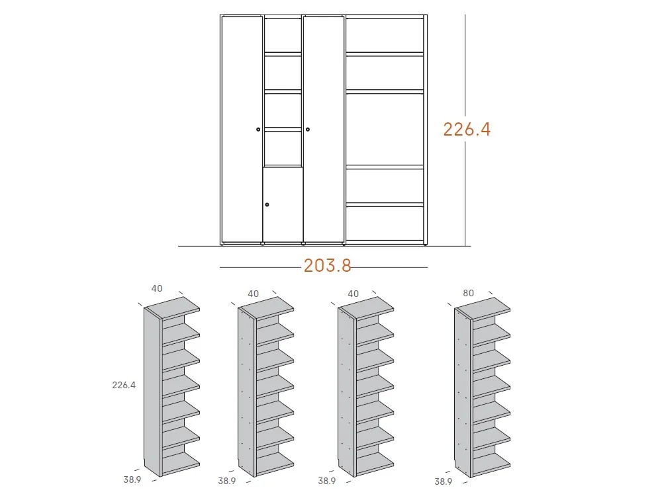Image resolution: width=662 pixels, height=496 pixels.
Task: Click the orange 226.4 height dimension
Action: click(x=467, y=129)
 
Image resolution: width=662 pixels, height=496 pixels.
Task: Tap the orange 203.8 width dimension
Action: click(x=327, y=266)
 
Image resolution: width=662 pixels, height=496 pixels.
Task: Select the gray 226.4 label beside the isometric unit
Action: click(x=124, y=384)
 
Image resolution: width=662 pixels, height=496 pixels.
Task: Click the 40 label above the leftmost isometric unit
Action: click(x=157, y=288)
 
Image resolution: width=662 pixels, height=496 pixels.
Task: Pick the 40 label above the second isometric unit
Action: click(x=253, y=294)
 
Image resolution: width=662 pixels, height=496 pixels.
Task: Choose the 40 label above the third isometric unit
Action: click(x=353, y=294)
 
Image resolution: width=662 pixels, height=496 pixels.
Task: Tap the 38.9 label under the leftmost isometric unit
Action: click(x=132, y=479)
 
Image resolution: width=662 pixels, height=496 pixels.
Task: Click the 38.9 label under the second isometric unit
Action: click(x=226, y=481)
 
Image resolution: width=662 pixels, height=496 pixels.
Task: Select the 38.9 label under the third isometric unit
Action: click(x=327, y=481)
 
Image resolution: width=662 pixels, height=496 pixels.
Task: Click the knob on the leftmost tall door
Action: click(x=258, y=130)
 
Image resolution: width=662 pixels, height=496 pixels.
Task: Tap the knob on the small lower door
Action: click(x=267, y=204)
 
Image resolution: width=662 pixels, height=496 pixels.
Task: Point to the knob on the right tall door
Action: click(x=308, y=129)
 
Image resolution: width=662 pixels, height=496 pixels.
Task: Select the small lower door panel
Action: click(x=283, y=204)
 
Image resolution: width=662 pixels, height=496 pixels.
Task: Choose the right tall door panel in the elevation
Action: click(x=324, y=129)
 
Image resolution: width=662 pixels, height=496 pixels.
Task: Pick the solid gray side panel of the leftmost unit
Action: click(x=153, y=393)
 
